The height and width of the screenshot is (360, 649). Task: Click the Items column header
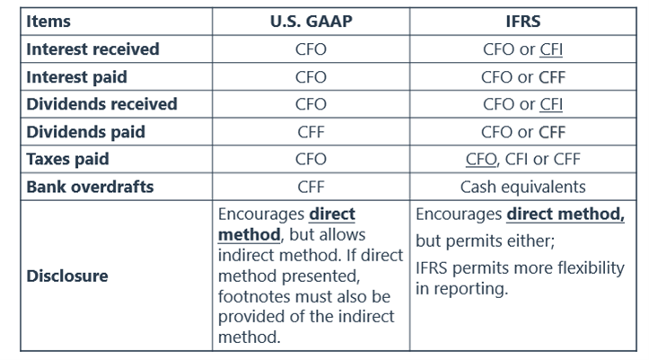[x=48, y=22]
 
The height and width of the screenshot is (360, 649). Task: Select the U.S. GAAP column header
[x=311, y=22]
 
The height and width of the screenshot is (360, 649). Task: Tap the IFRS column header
[x=523, y=22]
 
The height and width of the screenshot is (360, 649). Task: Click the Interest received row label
[x=92, y=49]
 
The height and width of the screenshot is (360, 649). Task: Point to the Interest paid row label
[x=76, y=77]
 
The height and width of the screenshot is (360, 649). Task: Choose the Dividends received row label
[x=101, y=104]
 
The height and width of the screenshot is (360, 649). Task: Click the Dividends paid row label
[x=85, y=132]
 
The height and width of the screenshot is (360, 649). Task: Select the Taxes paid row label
[x=67, y=159]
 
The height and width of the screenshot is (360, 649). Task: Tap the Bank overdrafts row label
[x=90, y=187]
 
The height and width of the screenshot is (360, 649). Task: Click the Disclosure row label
[x=67, y=276]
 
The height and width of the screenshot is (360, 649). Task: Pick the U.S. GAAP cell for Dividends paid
[x=311, y=132]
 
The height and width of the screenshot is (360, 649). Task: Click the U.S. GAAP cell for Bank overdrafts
[x=311, y=187]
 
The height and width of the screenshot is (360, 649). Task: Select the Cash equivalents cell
[x=523, y=187]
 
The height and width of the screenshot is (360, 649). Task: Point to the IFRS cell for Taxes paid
[x=523, y=159]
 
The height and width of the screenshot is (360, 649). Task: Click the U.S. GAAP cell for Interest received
[x=311, y=49]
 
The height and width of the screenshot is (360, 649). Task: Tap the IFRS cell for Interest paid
[x=523, y=77]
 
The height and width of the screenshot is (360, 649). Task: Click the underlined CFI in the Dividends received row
[x=551, y=105]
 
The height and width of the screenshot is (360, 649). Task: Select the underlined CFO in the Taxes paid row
[x=481, y=159]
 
